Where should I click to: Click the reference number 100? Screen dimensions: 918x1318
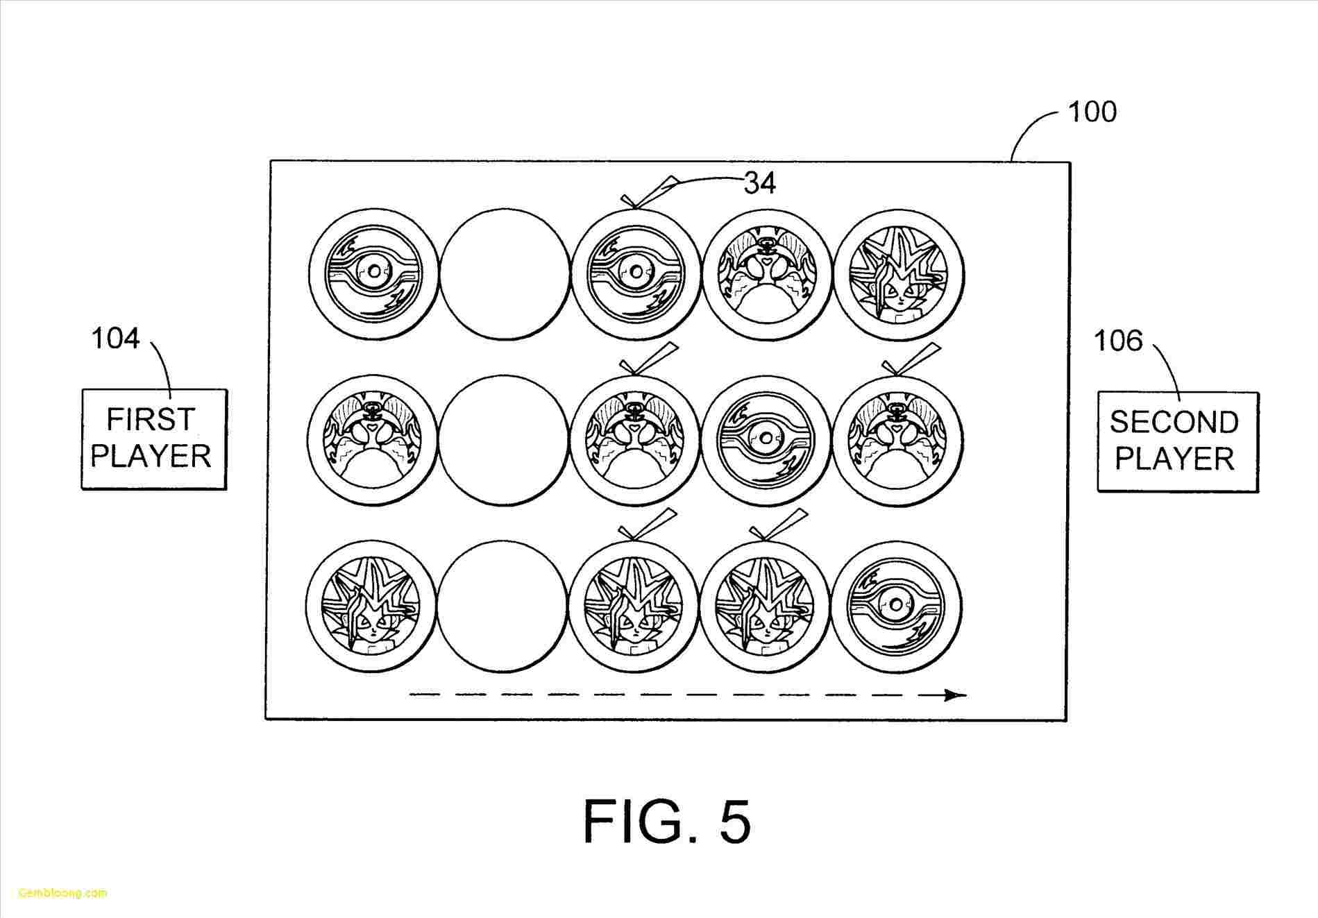tap(1091, 112)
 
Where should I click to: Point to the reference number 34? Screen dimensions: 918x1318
tap(760, 183)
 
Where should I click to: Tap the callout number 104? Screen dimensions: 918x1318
tap(115, 339)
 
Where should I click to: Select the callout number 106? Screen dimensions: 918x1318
tap(1117, 341)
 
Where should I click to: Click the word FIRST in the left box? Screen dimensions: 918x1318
tap(151, 420)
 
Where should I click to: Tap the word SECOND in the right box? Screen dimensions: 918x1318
tap(1174, 422)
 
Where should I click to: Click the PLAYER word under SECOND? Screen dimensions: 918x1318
tap(1174, 459)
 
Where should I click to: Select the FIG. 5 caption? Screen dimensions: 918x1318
tap(666, 821)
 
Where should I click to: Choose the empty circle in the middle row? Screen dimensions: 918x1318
tap(504, 439)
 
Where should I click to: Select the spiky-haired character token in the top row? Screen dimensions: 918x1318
tap(898, 275)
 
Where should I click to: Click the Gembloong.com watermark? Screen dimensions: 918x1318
tap(62, 892)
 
